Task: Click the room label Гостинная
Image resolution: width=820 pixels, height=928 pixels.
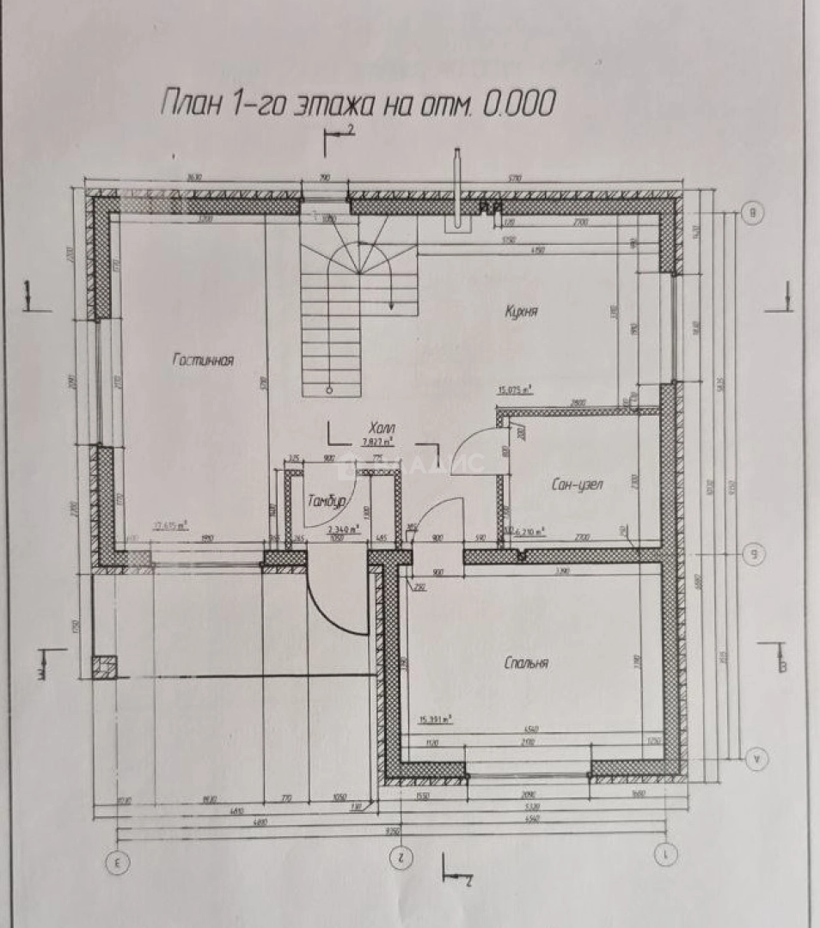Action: [x=203, y=361]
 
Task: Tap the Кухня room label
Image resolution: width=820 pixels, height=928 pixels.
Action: [x=521, y=312]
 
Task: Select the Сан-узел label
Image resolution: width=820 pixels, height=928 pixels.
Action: [x=577, y=485]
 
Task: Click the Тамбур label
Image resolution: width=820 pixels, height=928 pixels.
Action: [x=327, y=501]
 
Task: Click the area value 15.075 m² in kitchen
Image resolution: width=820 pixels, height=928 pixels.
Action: [x=514, y=389]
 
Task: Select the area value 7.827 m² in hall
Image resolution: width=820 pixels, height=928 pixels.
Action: [x=378, y=443]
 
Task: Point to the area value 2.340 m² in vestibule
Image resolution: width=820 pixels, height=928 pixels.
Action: [x=343, y=529]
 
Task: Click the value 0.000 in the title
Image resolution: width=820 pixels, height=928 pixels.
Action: [x=518, y=103]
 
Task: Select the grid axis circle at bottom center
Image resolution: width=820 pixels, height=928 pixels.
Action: [x=399, y=855]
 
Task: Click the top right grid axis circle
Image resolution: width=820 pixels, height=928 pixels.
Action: [x=753, y=211]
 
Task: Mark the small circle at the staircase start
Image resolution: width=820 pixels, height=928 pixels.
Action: [x=328, y=389]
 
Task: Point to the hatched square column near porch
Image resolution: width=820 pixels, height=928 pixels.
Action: [x=104, y=668]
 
